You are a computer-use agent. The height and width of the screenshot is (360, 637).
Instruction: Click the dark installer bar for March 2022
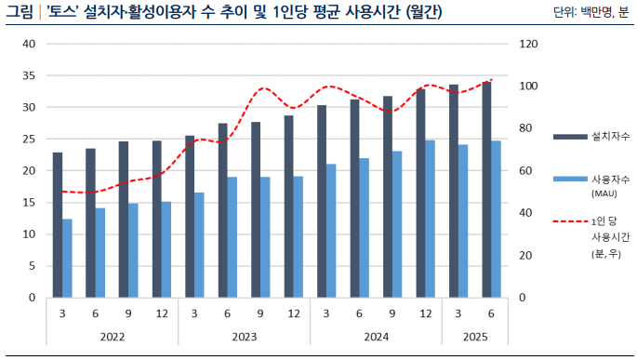pyautogui.click(x=58, y=225)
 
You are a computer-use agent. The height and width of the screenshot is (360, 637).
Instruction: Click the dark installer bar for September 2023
pyautogui.click(x=256, y=209)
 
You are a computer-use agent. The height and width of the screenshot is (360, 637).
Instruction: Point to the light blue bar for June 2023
pyautogui.click(x=232, y=237)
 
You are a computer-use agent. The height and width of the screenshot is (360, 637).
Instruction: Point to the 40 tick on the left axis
pyautogui.click(x=28, y=44)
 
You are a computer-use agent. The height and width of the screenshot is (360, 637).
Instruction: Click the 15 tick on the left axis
pyautogui.click(x=28, y=203)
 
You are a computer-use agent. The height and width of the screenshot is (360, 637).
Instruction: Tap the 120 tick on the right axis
pyautogui.click(x=528, y=44)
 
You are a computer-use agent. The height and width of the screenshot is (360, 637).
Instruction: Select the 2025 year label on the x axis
pyautogui.click(x=474, y=337)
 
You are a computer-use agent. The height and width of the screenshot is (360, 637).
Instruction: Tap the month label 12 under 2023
pyautogui.click(x=293, y=313)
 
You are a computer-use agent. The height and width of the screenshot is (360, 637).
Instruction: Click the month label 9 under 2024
pyautogui.click(x=391, y=313)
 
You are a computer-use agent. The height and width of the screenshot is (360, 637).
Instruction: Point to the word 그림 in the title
pyautogui.click(x=19, y=12)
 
